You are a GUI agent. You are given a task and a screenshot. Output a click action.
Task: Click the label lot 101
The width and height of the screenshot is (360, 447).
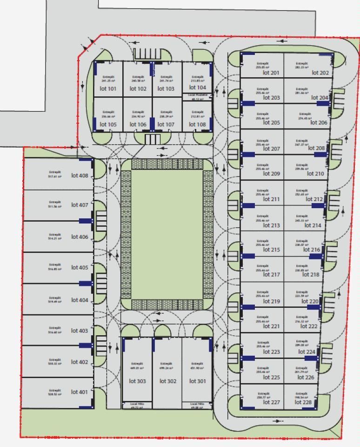(x=108, y=88)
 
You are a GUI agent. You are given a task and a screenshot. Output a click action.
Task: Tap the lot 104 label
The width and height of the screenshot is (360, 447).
(x=198, y=88)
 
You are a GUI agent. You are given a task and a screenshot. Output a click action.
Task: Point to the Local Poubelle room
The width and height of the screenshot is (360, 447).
(x=197, y=97)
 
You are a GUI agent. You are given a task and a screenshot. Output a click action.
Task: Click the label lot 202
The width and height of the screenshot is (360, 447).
(x=320, y=73)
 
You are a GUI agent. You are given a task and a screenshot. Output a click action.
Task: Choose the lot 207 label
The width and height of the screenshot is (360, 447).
(x=271, y=149)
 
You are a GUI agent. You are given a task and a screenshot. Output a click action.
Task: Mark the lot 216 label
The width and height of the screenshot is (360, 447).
(x=312, y=250)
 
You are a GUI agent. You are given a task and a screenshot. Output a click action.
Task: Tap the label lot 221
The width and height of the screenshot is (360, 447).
(x=271, y=326)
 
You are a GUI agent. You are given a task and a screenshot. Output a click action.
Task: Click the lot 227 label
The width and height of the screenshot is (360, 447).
(x=271, y=402)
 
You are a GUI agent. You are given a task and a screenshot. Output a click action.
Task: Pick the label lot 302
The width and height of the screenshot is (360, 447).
(x=168, y=381)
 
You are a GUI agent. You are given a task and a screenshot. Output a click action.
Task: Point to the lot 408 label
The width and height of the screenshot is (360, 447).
(x=80, y=176)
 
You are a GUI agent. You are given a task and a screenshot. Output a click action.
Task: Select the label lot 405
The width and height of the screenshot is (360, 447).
(x=80, y=268)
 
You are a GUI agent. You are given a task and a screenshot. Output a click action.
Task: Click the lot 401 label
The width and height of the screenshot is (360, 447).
(x=80, y=392)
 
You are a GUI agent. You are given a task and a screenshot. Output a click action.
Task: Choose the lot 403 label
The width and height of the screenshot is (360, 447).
(x=80, y=331)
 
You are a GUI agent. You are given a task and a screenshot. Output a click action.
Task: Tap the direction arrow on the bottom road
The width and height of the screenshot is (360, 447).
(x=278, y=421)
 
